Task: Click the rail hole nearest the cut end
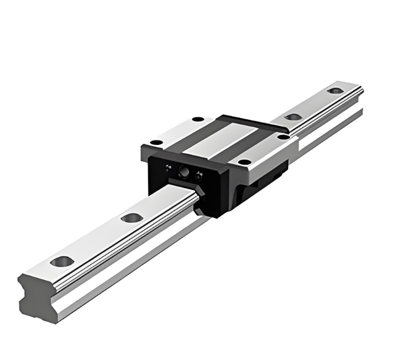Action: [62, 260]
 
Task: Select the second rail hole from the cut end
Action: [132, 217]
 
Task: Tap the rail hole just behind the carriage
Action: [293, 117]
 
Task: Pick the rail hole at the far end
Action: [334, 91]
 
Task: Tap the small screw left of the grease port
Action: [167, 167]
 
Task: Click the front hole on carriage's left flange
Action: [157, 142]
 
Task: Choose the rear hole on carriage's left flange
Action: [197, 119]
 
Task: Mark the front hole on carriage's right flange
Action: [244, 162]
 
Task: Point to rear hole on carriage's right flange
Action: [283, 137]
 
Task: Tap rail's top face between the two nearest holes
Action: [97, 239]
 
